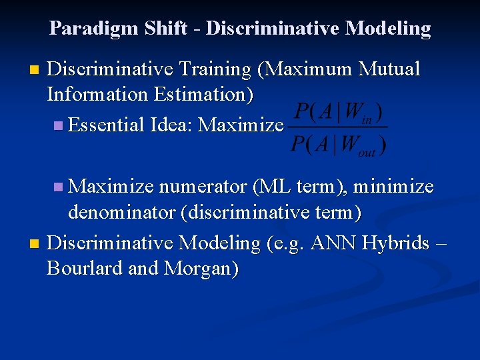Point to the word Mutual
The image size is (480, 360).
pos(389,69)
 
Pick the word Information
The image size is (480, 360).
pos(97,95)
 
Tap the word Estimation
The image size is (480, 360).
pos(203,95)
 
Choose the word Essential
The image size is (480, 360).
pos(107,125)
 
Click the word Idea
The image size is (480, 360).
pos(172,125)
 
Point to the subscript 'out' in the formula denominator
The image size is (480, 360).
pos(367,152)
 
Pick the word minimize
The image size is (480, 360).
pos(393,187)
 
